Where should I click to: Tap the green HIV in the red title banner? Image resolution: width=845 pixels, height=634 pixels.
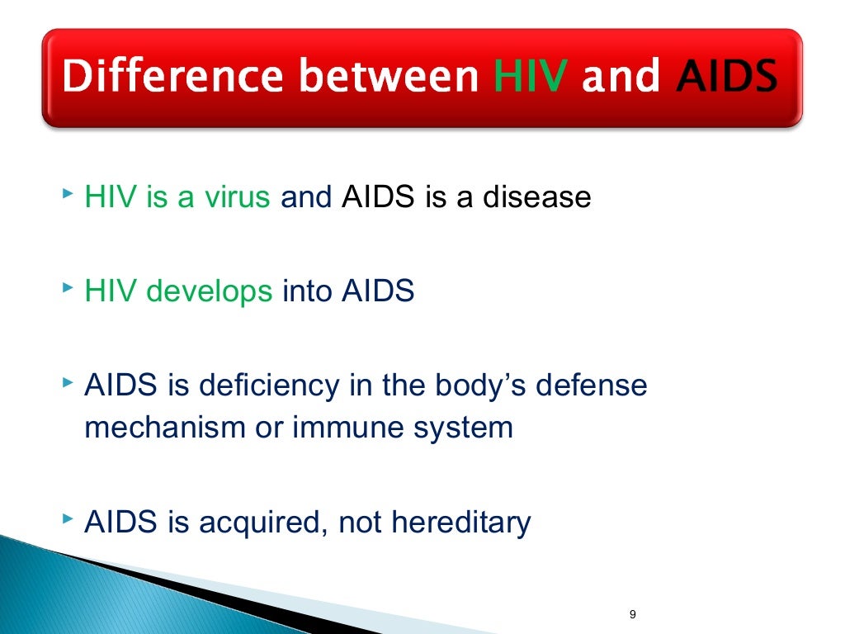pos(531,78)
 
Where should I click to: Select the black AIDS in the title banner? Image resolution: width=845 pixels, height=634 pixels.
pos(726,78)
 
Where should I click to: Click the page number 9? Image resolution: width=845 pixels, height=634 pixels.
pos(632,614)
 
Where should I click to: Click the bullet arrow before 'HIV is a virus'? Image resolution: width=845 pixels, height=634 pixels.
pos(67,196)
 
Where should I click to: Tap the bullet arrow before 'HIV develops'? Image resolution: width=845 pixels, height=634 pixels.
pos(67,291)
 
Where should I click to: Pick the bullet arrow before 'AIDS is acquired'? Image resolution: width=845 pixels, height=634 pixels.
pos(67,521)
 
